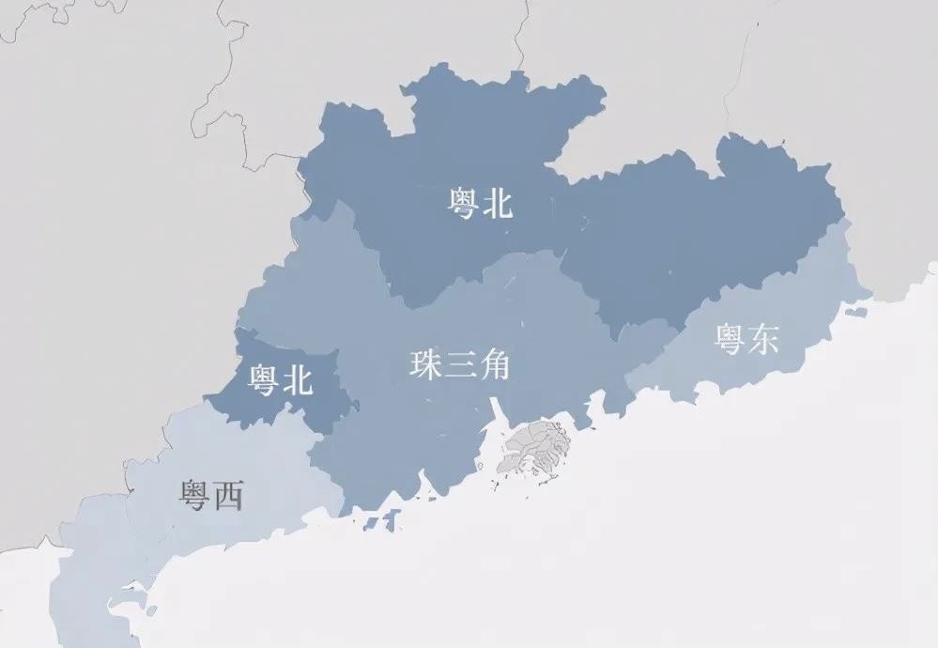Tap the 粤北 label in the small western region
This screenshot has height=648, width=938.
pos(279,379)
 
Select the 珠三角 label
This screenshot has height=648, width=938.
pos(459,364)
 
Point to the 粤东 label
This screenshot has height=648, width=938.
pos(746,339)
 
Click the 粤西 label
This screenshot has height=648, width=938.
pos(211,495)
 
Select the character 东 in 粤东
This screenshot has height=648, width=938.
pos(763,339)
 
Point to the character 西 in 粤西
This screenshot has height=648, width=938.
pos(228,495)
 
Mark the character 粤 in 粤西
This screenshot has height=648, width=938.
pos(194,495)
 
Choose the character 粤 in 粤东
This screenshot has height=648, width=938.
pos(730,339)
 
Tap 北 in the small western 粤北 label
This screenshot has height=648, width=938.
pos(296,379)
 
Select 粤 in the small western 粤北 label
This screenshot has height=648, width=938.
pos(262,379)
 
